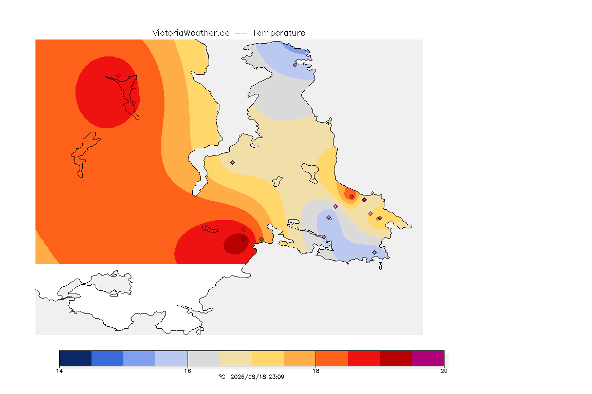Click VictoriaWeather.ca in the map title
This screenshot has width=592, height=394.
tap(191, 33)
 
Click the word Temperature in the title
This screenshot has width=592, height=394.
tap(279, 33)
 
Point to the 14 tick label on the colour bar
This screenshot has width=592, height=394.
tap(59, 371)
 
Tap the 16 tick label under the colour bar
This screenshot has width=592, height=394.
tap(188, 371)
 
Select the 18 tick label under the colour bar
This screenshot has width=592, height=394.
tap(316, 371)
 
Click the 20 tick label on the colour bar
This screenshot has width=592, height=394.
tap(444, 371)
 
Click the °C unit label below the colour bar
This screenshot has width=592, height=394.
tap(222, 377)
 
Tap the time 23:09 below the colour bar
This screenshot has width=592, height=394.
tap(276, 377)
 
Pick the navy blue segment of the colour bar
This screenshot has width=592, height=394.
tap(76, 358)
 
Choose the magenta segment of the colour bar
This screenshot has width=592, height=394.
tap(428, 358)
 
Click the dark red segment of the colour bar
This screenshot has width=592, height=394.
tap(396, 358)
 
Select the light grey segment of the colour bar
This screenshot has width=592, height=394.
tap(203, 358)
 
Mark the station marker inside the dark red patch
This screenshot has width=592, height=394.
tap(244, 240)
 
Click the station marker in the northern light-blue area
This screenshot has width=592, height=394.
tap(295, 65)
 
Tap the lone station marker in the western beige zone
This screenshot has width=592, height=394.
tap(233, 163)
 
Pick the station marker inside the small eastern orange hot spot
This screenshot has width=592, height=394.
tap(352, 197)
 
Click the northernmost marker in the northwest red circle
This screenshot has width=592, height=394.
tap(119, 75)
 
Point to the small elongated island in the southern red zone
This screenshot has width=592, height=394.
tap(210, 229)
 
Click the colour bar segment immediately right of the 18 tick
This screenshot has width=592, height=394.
tap(332, 358)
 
